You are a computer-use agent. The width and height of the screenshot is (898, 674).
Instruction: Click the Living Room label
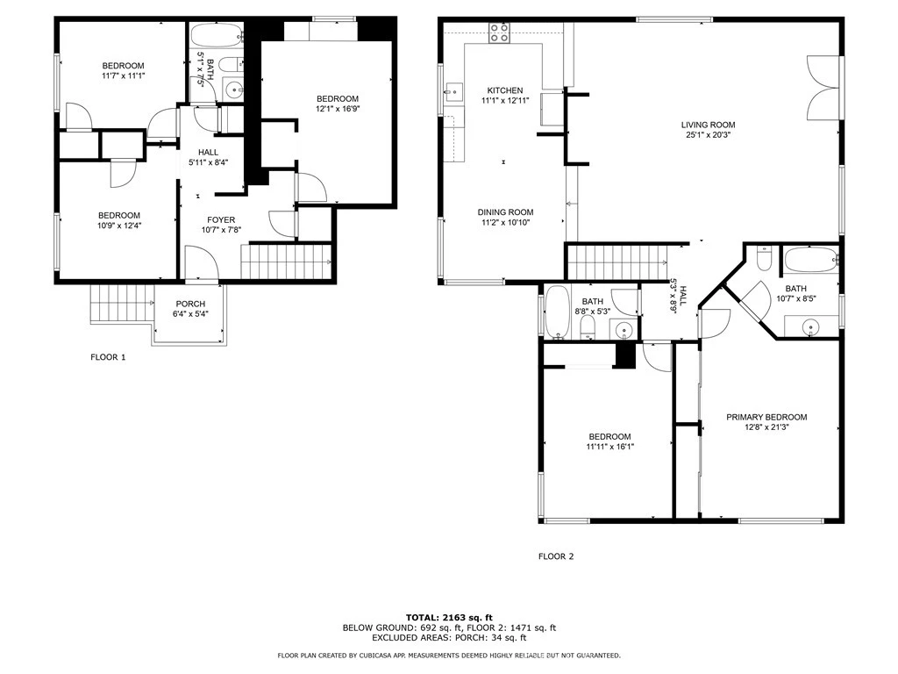(x=708, y=125)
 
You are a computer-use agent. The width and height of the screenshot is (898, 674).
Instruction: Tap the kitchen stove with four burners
(x=499, y=32)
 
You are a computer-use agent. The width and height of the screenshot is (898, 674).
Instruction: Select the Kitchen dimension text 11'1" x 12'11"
(x=505, y=100)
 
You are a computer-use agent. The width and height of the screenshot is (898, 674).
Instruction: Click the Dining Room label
(x=505, y=212)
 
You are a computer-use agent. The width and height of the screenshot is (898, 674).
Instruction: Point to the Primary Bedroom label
(x=766, y=417)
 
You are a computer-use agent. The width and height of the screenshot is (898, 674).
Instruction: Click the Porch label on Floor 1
(x=190, y=304)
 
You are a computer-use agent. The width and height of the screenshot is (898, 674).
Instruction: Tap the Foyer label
(x=221, y=220)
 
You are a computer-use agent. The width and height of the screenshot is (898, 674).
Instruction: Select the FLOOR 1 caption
(x=108, y=357)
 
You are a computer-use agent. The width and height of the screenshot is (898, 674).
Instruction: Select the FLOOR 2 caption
(x=555, y=556)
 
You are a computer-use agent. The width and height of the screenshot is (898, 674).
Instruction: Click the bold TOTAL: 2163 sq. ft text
(x=449, y=617)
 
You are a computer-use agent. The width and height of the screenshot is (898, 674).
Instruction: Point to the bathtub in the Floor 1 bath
(x=217, y=35)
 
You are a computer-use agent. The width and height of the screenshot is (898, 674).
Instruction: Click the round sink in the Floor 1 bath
(x=233, y=90)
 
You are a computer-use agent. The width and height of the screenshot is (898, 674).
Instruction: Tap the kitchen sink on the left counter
(x=453, y=91)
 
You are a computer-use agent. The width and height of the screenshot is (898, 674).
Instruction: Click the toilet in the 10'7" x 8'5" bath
(x=764, y=259)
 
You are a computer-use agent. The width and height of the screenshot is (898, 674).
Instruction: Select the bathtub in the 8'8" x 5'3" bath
(x=557, y=312)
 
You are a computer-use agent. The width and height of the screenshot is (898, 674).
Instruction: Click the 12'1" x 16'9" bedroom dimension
(x=338, y=108)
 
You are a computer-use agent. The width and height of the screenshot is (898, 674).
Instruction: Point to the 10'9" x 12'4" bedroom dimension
(x=119, y=226)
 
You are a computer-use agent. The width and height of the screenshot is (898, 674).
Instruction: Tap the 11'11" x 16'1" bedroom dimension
(x=609, y=447)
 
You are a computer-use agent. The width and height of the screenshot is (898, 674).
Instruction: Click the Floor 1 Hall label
(x=209, y=153)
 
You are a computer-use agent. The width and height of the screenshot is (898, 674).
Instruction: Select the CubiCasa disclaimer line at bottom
(x=449, y=655)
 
